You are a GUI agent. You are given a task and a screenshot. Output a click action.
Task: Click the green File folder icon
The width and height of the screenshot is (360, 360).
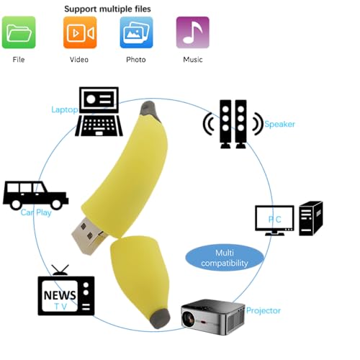pyautogui.click(x=19, y=32)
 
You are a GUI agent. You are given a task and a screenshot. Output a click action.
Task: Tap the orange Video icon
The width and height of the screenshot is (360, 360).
pyautogui.click(x=80, y=32)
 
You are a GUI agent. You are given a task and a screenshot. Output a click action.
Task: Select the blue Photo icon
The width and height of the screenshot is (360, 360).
pyautogui.click(x=136, y=32)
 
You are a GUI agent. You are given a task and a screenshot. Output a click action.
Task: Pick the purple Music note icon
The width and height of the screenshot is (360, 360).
pyautogui.click(x=193, y=32)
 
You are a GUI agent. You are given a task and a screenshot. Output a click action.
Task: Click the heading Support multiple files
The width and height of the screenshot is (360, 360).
pyautogui.click(x=107, y=9)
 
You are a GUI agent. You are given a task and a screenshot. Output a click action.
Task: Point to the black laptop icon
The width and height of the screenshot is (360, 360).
pyautogui.click(x=99, y=112)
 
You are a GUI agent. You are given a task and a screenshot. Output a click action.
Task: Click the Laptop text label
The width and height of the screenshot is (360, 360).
pyautogui.click(x=65, y=109)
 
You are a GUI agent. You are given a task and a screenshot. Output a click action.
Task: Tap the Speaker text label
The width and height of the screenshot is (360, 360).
pyautogui.click(x=279, y=124)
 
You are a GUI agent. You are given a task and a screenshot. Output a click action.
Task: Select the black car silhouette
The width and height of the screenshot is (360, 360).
pyautogui.click(x=35, y=195)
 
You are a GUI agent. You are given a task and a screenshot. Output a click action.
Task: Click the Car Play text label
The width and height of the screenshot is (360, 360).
pyautogui.click(x=36, y=212)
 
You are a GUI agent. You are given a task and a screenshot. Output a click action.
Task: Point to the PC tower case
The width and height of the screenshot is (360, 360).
pyautogui.click(x=311, y=218)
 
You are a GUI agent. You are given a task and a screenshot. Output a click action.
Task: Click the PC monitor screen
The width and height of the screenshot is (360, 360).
pyautogui.click(x=274, y=218)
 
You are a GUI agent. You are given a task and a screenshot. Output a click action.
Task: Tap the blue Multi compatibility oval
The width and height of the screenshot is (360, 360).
pyautogui.click(x=225, y=258)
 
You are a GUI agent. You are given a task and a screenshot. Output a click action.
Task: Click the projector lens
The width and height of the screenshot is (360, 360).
pyautogui.click(x=189, y=319)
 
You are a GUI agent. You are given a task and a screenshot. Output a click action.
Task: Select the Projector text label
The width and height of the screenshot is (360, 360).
pyautogui.click(x=264, y=310)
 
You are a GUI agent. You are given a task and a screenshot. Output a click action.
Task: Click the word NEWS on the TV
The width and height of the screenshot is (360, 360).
pyautogui.click(x=60, y=295)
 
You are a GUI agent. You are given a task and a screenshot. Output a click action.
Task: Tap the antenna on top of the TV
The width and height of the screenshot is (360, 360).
pyautogui.click(x=60, y=270)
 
